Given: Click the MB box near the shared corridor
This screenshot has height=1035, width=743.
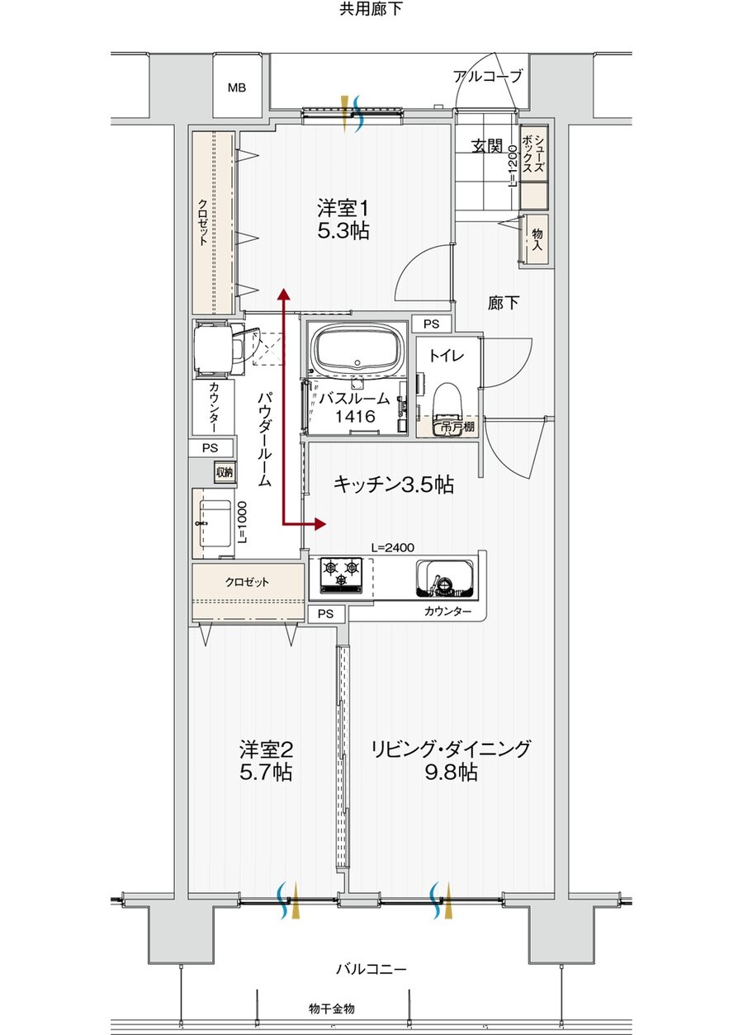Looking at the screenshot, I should (237, 87).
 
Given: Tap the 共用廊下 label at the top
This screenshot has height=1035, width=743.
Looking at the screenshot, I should (371, 10).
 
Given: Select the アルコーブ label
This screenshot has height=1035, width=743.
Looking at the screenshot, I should (487, 77).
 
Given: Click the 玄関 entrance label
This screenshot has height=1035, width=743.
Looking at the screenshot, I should (487, 146).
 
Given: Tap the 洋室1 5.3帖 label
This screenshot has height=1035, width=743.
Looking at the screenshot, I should (343, 219).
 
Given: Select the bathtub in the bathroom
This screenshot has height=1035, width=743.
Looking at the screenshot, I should (357, 347).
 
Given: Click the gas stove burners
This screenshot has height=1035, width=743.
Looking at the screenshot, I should (342, 569).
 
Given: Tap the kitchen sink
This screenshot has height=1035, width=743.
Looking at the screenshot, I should (445, 577).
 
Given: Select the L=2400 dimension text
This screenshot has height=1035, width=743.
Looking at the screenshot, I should (392, 546).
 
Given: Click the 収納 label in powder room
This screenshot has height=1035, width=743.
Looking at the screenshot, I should (224, 472).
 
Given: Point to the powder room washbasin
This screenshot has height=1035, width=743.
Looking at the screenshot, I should (215, 522).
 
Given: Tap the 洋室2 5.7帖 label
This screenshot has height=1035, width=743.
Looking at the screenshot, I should (266, 760).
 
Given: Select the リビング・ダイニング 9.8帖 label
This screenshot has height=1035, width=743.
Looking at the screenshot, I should (450, 760).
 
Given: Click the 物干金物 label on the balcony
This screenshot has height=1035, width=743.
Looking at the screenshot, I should (332, 1009).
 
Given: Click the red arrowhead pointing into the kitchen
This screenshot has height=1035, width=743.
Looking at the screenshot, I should (321, 524).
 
